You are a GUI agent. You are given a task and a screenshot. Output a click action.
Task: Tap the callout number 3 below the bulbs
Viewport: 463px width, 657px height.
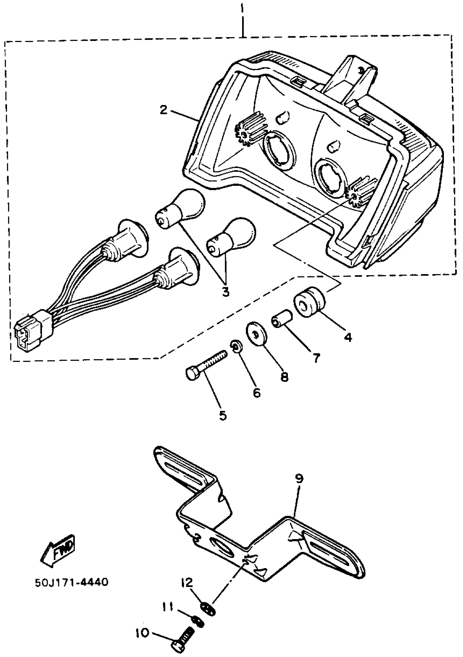pyautogui.click(x=225, y=292)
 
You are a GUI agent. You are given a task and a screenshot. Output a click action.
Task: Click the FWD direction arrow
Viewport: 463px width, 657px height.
pyautogui.click(x=58, y=550)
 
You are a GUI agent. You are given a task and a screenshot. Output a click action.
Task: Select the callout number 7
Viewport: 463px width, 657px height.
pyautogui.click(x=316, y=358)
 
